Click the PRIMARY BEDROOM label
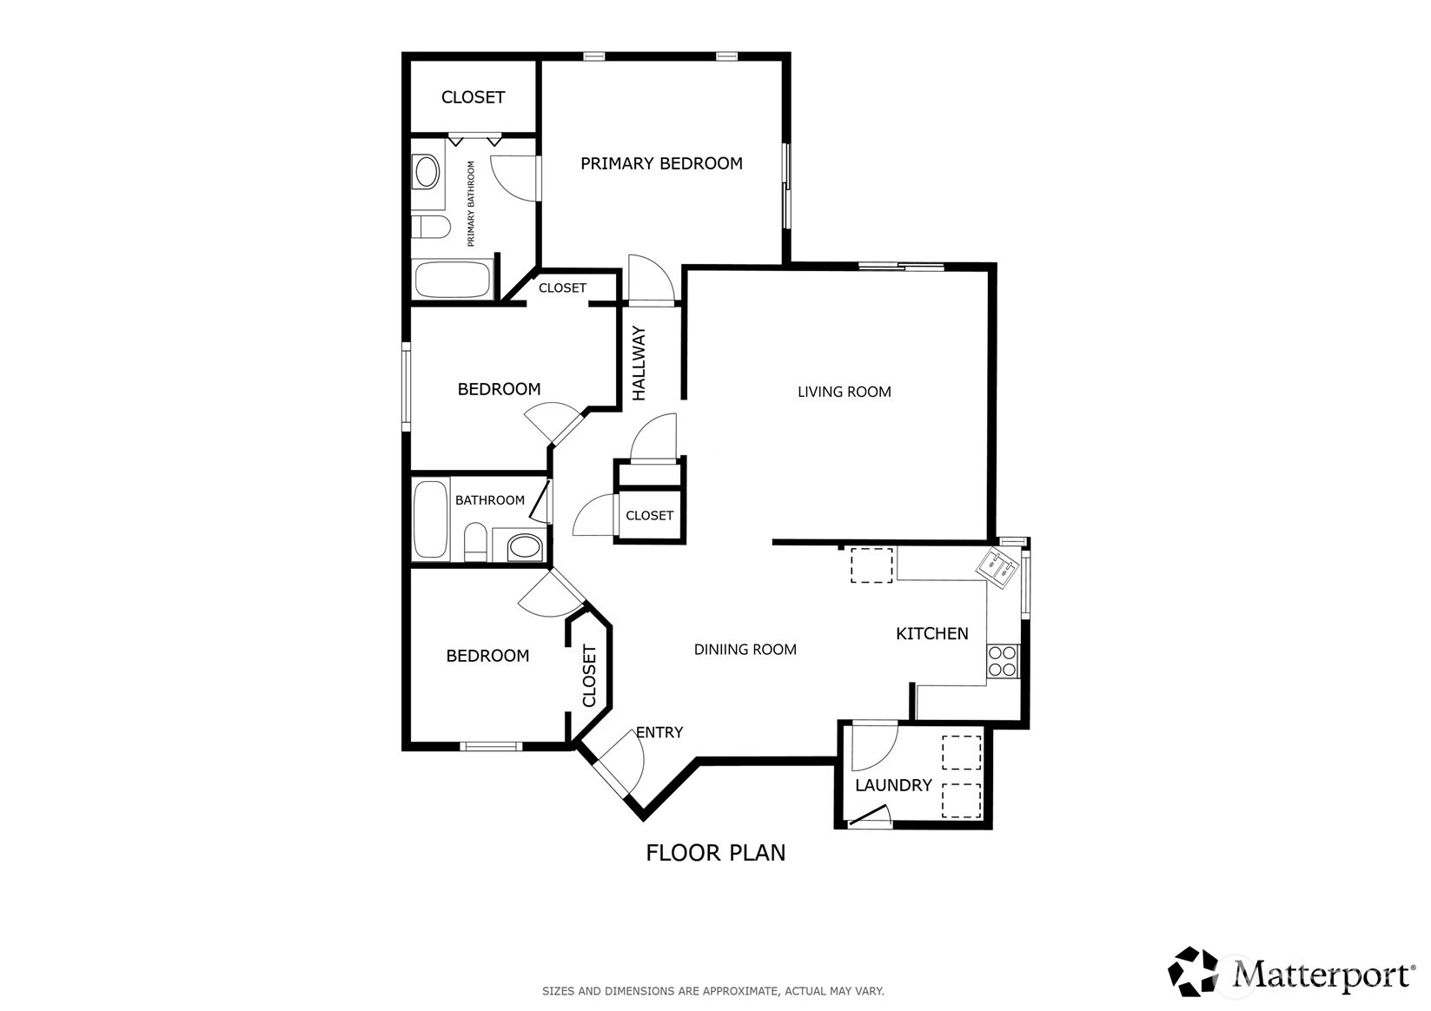click(661, 163)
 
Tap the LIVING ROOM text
click(844, 392)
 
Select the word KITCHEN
click(931, 634)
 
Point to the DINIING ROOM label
click(745, 649)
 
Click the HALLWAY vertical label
click(639, 363)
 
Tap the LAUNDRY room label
click(893, 785)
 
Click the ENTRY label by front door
click(659, 732)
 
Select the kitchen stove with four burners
click(1003, 661)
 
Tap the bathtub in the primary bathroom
click(453, 279)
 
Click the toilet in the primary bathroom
click(431, 228)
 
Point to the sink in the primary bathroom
click(426, 172)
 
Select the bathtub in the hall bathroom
click(431, 519)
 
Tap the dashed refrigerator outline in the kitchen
click(871, 565)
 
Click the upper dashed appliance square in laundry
click(961, 752)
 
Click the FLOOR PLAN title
click(715, 853)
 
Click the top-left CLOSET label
click(473, 97)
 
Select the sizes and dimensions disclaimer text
click(712, 990)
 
